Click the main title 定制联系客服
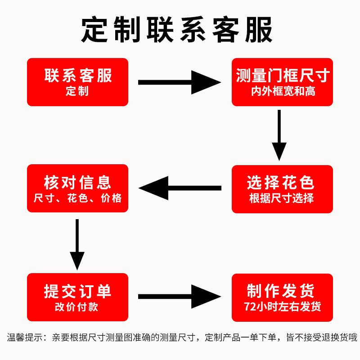177,31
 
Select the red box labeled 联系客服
77,82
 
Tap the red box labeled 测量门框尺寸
283,82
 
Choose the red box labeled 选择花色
282,189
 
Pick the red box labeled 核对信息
77,189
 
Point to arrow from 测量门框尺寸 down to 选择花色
279,135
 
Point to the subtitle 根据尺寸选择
282,198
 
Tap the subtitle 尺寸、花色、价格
77,198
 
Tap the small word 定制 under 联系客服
77,91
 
